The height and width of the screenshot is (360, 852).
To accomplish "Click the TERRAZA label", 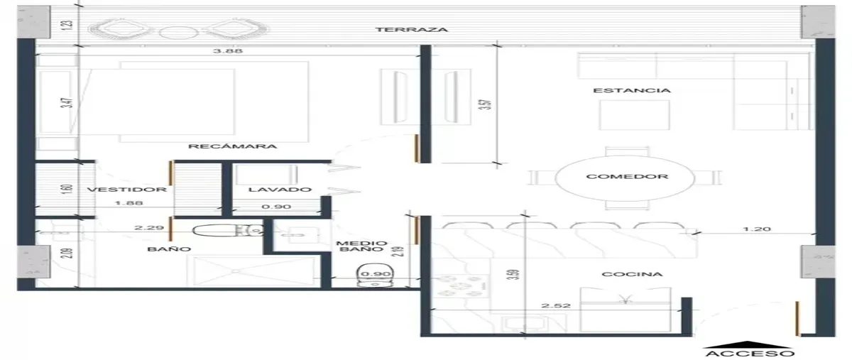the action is tap(412, 30).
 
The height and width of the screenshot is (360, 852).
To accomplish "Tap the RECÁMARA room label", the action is tap(232, 146).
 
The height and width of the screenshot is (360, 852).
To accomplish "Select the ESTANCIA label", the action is tap(632, 91).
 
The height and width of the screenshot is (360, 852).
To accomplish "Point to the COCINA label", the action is tap(632, 274).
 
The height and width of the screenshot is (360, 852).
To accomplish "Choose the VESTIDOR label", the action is tap(127, 190).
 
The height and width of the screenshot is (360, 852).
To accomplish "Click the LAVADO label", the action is tap(280, 190).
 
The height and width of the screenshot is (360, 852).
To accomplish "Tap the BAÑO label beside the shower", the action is tap(169, 249).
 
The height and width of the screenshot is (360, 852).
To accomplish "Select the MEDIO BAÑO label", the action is tap(361, 246).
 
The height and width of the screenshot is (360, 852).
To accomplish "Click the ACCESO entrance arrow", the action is tap(748, 344).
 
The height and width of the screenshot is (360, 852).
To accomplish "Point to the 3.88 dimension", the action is tap(227, 51).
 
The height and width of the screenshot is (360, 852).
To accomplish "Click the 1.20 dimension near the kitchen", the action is tap(757, 229).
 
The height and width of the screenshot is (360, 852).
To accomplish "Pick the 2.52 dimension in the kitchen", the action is tap(556, 305).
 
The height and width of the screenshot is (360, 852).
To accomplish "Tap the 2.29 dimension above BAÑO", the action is tap(149, 228).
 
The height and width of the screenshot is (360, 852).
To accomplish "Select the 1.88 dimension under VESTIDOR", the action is tap(129, 203).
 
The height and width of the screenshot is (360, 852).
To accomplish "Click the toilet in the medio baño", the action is tap(376, 276).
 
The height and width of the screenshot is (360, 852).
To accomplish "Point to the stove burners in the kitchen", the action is tap(461, 285).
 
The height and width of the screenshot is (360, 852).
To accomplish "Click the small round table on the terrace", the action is tap(178, 33).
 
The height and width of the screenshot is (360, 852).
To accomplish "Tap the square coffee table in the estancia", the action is tap(635, 115).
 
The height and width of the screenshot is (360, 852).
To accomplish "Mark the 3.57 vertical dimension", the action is tap(487, 104).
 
